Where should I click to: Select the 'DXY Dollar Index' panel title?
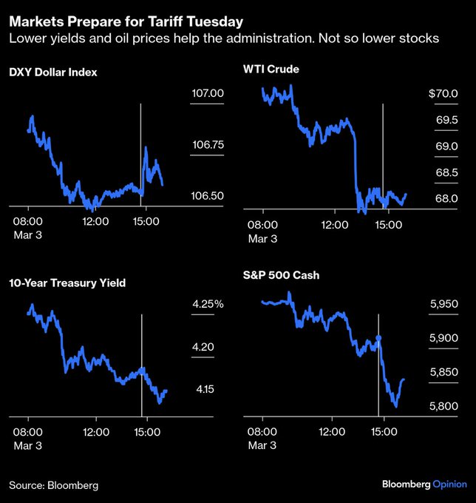click(x=53, y=72)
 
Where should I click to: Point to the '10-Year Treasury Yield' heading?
click(x=67, y=283)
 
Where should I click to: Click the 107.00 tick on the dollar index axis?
click(x=208, y=93)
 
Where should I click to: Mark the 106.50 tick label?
click(x=208, y=196)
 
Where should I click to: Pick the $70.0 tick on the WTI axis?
click(x=443, y=94)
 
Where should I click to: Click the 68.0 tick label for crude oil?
click(x=448, y=199)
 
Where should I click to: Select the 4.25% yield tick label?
click(x=208, y=304)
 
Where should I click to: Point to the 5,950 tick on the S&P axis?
click(x=444, y=304)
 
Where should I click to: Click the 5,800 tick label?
click(x=444, y=406)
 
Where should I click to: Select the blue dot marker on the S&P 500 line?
click(x=379, y=338)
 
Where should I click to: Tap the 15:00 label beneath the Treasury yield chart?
click(x=146, y=431)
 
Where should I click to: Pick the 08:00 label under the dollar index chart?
click(x=27, y=220)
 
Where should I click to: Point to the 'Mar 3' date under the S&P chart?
click(x=262, y=445)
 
